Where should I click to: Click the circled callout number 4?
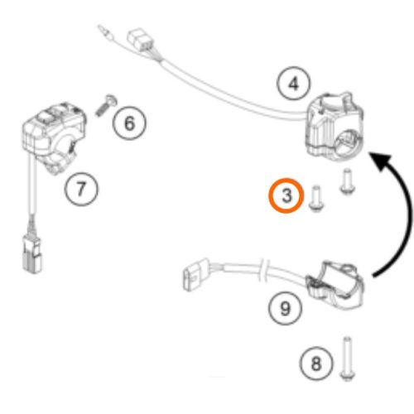tap(293, 83)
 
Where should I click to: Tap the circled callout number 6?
tap(129, 123)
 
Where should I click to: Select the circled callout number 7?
tap(81, 189)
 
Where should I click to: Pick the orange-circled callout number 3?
tap(286, 195)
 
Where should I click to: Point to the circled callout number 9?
tap(285, 308)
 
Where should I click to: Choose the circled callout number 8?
tap(316, 363)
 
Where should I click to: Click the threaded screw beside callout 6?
tap(106, 105)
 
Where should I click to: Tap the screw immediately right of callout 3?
tap(316, 199)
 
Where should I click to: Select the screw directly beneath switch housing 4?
tap(347, 181)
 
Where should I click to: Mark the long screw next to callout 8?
tap(347, 359)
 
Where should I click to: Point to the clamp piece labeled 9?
tap(336, 285)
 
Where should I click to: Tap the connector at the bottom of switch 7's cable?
tap(32, 254)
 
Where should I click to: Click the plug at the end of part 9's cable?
tap(196, 274)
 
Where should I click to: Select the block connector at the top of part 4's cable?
tap(140, 41)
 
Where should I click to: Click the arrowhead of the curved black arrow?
tap(382, 161)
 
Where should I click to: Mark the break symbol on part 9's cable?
tap(262, 272)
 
